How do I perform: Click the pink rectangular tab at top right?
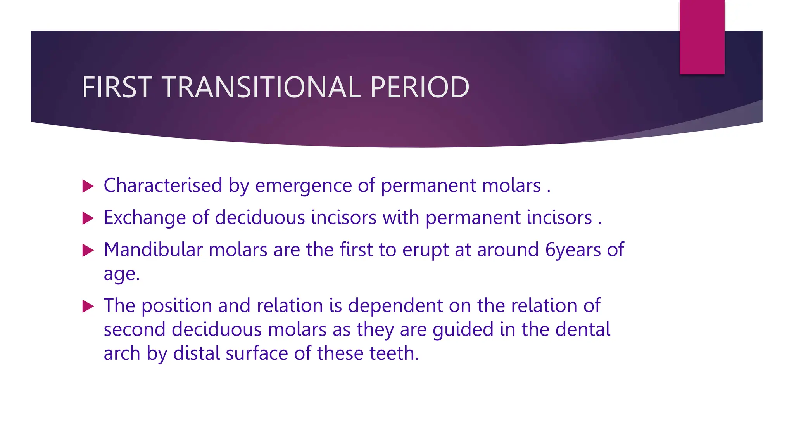coord(702,37)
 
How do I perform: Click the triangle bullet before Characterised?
coord(88,186)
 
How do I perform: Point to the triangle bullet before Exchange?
coord(88,218)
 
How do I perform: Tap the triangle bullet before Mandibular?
coord(88,250)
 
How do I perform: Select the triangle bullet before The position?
coord(88,307)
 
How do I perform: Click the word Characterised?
coord(163,185)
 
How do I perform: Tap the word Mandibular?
coord(153,249)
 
